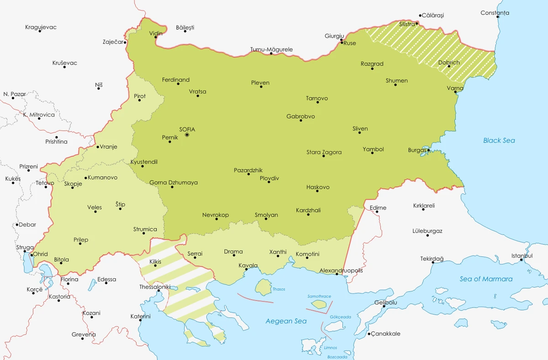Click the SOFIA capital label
pyautogui.click(x=187, y=130)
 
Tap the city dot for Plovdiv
pyautogui.click(x=269, y=182)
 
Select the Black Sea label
pyautogui.click(x=499, y=141)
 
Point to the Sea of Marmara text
pyautogui.click(x=486, y=279)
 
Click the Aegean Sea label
pyautogui.click(x=286, y=321)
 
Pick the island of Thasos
pyautogui.click(x=263, y=287)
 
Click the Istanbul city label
pyautogui.click(x=522, y=256)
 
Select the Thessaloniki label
pyautogui.click(x=155, y=287)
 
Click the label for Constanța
pyautogui.click(x=495, y=13)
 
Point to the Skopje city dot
pyautogui.click(x=73, y=188)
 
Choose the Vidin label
pyautogui.click(x=155, y=33)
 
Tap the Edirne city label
pyautogui.click(x=378, y=208)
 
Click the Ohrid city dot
pyautogui.click(x=31, y=255)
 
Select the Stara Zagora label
pyautogui.click(x=324, y=152)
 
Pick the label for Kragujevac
pyautogui.click(x=41, y=27)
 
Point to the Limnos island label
pyautogui.click(x=330, y=347)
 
